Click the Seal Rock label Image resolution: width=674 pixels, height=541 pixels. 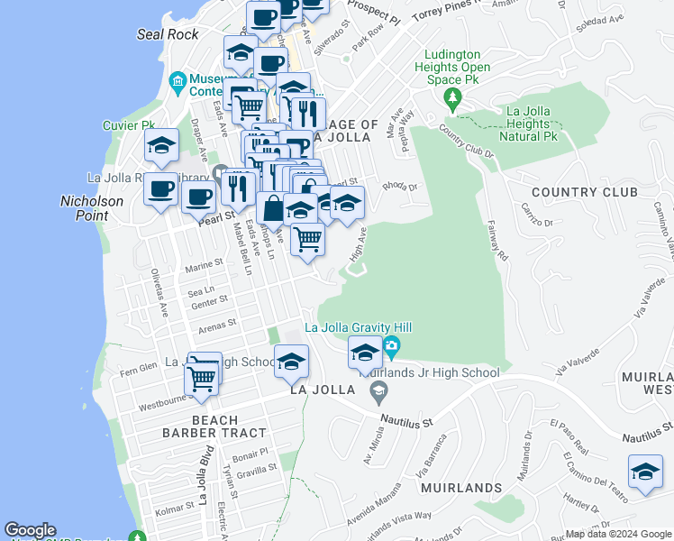[x=168, y=34]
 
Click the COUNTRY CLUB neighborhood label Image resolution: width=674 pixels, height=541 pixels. [x=585, y=192]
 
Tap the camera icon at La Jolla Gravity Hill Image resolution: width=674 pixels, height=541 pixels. [x=391, y=345]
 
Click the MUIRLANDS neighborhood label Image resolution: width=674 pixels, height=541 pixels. [x=460, y=488]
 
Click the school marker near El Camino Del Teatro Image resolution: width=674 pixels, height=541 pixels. [x=644, y=472]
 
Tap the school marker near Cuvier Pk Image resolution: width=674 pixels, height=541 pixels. [x=161, y=144]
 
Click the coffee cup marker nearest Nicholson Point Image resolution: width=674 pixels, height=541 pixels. [x=160, y=189]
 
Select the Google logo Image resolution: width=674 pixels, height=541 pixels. [x=30, y=530]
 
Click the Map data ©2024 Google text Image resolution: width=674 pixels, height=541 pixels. [x=617, y=534]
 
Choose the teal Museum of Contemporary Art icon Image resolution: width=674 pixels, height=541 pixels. [x=178, y=83]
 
